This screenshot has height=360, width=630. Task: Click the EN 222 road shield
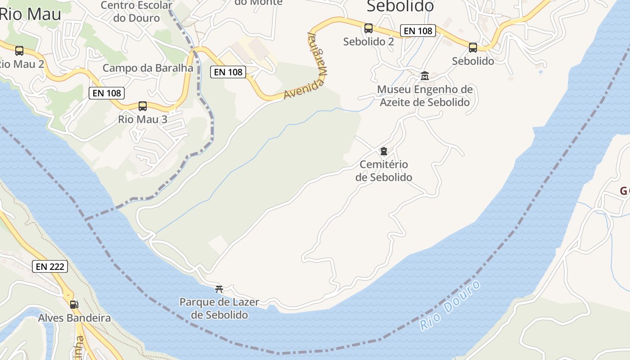[50, 266]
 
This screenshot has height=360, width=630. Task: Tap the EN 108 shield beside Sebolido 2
[418, 31]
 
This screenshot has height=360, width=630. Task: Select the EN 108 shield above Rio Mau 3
[107, 93]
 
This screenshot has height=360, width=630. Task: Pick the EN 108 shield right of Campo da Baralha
[229, 72]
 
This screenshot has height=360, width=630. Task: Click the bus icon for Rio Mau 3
[143, 106]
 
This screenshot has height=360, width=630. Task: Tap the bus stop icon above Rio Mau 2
[19, 51]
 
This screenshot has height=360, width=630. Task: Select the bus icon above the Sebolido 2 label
[369, 28]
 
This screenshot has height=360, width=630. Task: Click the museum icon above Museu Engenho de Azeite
[425, 76]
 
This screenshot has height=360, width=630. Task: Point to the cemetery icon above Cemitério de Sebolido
[384, 151]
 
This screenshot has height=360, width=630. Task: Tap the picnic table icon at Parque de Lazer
[219, 289]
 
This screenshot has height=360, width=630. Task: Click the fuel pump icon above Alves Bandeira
[74, 304]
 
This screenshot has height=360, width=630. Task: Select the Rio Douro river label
[450, 306]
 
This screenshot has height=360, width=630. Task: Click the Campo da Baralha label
[148, 68]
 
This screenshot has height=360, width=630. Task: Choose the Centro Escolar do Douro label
[136, 12]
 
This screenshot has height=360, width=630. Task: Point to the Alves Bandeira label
[74, 318]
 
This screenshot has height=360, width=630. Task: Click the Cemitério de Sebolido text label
[384, 171]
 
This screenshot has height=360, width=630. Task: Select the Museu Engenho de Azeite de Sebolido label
[425, 96]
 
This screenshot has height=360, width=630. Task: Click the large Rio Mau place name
[30, 14]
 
